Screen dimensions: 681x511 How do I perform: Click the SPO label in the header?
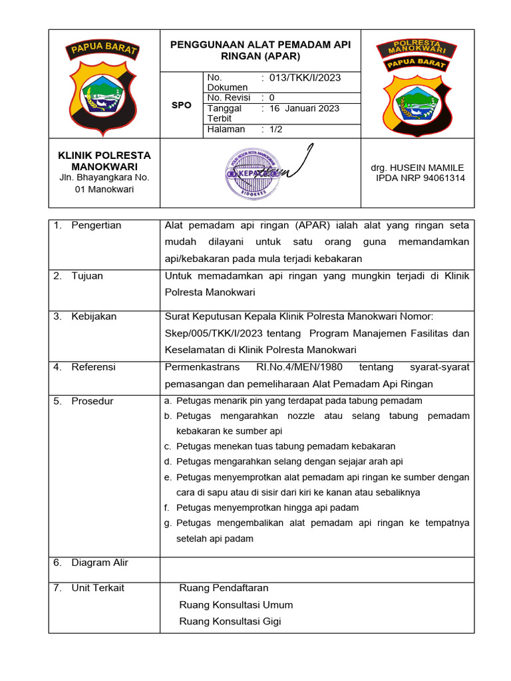click(181, 105)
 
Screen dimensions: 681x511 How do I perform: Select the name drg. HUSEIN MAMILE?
click(417, 168)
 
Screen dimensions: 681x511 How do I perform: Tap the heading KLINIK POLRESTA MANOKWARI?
click(104, 160)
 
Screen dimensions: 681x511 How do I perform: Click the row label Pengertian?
click(96, 225)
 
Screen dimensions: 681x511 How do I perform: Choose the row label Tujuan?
click(87, 276)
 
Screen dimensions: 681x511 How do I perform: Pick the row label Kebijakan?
click(94, 317)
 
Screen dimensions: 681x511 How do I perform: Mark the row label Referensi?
click(93, 367)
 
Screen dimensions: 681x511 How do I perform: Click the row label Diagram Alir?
click(100, 563)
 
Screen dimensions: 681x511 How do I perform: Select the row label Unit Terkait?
click(98, 588)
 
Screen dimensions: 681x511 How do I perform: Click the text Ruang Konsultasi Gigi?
click(230, 621)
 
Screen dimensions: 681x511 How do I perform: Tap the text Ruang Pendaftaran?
click(224, 588)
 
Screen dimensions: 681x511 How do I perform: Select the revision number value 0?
click(271, 98)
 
